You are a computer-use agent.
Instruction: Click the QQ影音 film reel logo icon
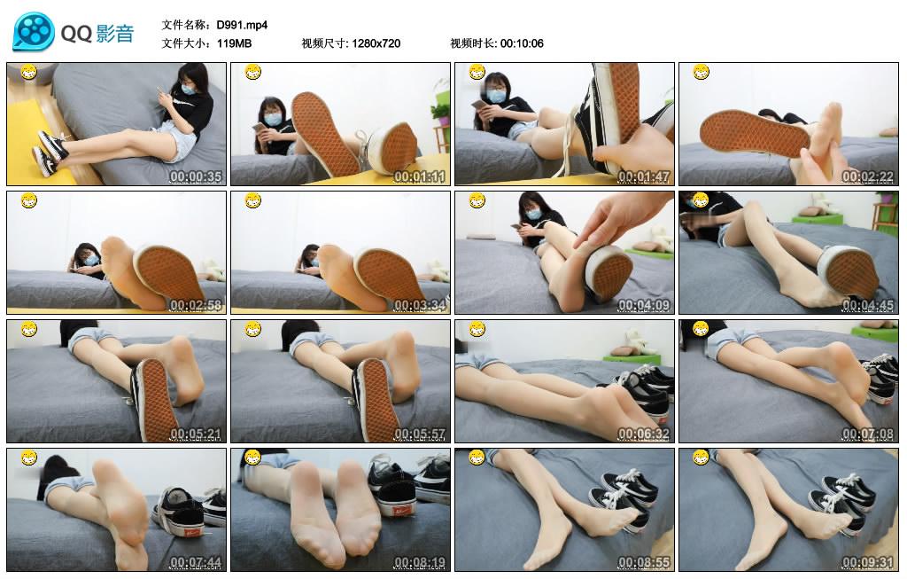33,33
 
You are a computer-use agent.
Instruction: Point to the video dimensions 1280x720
376,43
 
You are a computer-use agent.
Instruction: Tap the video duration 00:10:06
522,43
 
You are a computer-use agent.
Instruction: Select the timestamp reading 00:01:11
419,176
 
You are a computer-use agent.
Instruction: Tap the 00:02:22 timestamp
867,176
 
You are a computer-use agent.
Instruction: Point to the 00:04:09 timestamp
643,305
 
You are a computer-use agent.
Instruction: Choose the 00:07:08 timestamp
867,434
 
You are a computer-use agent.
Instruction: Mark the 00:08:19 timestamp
419,562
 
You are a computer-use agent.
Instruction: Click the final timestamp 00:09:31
867,562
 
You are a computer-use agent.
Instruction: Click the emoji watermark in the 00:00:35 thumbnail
28,72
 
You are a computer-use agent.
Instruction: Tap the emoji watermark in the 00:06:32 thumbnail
477,330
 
